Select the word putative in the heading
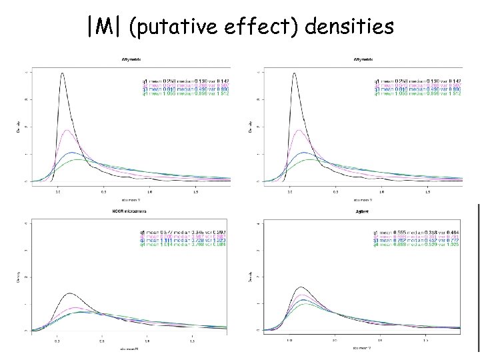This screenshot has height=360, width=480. pos(169,28)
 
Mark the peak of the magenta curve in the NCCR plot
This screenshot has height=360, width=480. pos(73,307)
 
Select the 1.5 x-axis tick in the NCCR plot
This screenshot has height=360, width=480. pos(192,340)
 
